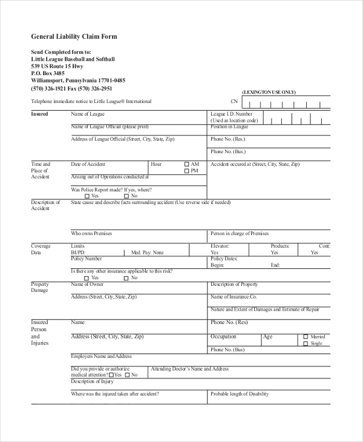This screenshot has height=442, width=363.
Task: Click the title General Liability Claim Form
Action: coord(74,36)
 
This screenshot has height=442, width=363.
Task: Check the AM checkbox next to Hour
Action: coord(187,164)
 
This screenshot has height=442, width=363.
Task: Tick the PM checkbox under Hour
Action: coord(187,171)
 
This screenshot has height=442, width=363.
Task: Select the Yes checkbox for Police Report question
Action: coord(87,196)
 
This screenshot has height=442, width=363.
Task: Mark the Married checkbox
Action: coord(306,337)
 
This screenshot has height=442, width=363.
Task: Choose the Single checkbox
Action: coord(306,343)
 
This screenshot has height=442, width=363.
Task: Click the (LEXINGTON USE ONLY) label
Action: coord(269,92)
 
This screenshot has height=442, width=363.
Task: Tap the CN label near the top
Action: coord(234,102)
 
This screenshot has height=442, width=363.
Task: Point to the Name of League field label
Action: coord(88,114)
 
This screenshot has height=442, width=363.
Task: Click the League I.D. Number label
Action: coord(232,114)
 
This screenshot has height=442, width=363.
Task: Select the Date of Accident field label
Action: coord(88,164)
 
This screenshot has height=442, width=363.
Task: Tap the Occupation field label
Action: coord(223,337)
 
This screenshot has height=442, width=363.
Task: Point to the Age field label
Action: coord(268,337)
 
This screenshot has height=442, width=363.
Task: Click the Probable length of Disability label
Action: coord(240,394)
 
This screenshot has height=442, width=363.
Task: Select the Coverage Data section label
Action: coord(41,249)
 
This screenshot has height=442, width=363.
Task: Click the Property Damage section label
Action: coord(40,287)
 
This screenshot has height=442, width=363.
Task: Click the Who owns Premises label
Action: coord(91,233)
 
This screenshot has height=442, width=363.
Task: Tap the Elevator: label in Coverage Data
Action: coord(220,246)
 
